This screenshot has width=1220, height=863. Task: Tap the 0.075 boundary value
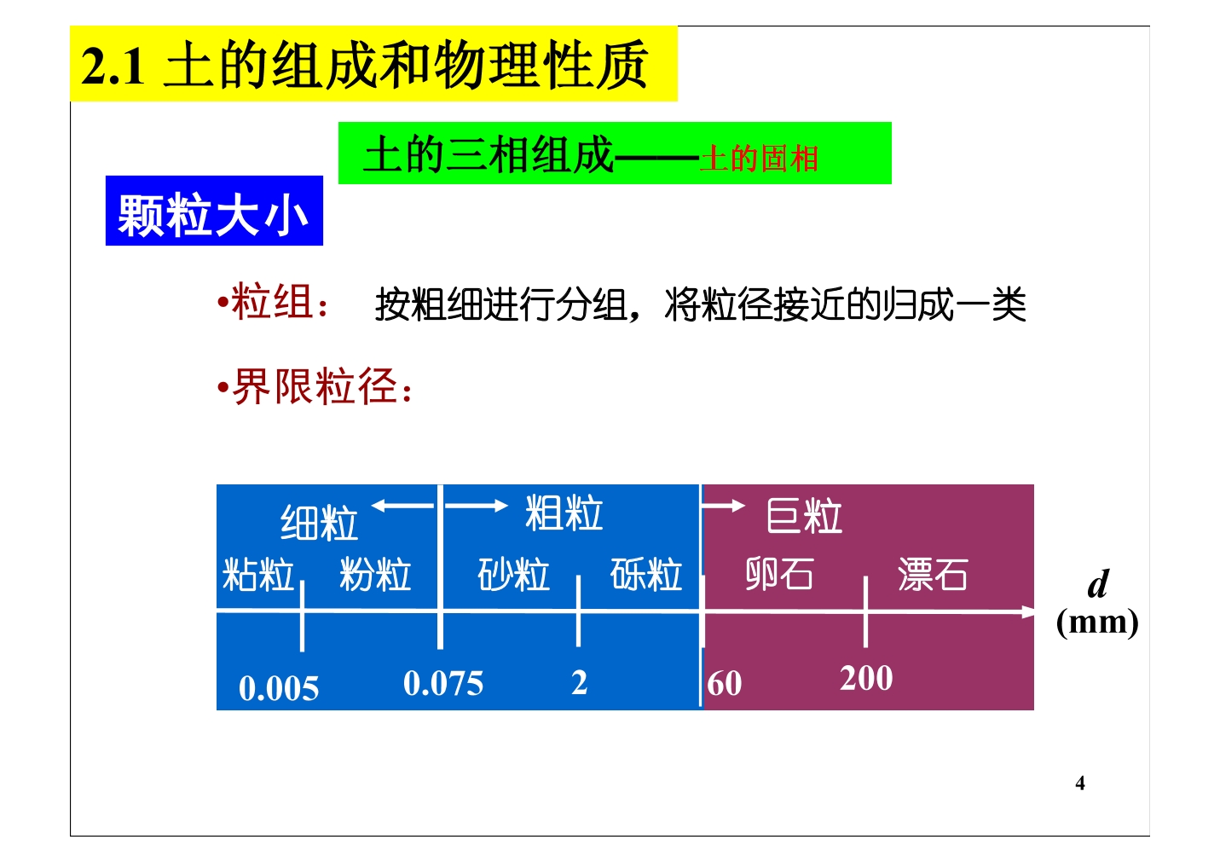pyautogui.click(x=442, y=683)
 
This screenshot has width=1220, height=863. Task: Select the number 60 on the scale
pyautogui.click(x=725, y=683)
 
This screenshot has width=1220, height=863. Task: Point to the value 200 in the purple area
pyautogui.click(x=866, y=678)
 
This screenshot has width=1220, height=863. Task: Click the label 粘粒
pyautogui.click(x=258, y=574)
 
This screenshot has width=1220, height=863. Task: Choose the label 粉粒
pyautogui.click(x=375, y=574)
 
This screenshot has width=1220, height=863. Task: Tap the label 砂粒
pyautogui.click(x=513, y=574)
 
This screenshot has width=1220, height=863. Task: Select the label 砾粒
pyautogui.click(x=646, y=574)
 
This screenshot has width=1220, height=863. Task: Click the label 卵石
pyautogui.click(x=779, y=574)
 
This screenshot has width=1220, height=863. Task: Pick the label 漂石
pyautogui.click(x=933, y=574)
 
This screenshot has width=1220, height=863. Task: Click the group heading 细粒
pyautogui.click(x=319, y=523)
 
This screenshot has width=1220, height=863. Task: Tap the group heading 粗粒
pyautogui.click(x=564, y=513)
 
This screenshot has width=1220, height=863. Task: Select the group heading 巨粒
pyautogui.click(x=804, y=516)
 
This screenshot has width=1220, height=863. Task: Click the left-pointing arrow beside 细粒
pyautogui.click(x=402, y=506)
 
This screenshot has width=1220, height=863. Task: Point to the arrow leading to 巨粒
pyautogui.click(x=723, y=506)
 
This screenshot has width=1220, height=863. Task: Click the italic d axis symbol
pyautogui.click(x=1098, y=583)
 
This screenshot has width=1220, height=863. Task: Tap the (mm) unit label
pyautogui.click(x=1097, y=622)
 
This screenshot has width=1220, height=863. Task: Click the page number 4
pyautogui.click(x=1080, y=783)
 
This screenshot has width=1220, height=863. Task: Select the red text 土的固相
pyautogui.click(x=759, y=159)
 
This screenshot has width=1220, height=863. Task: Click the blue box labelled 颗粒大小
pyautogui.click(x=214, y=211)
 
